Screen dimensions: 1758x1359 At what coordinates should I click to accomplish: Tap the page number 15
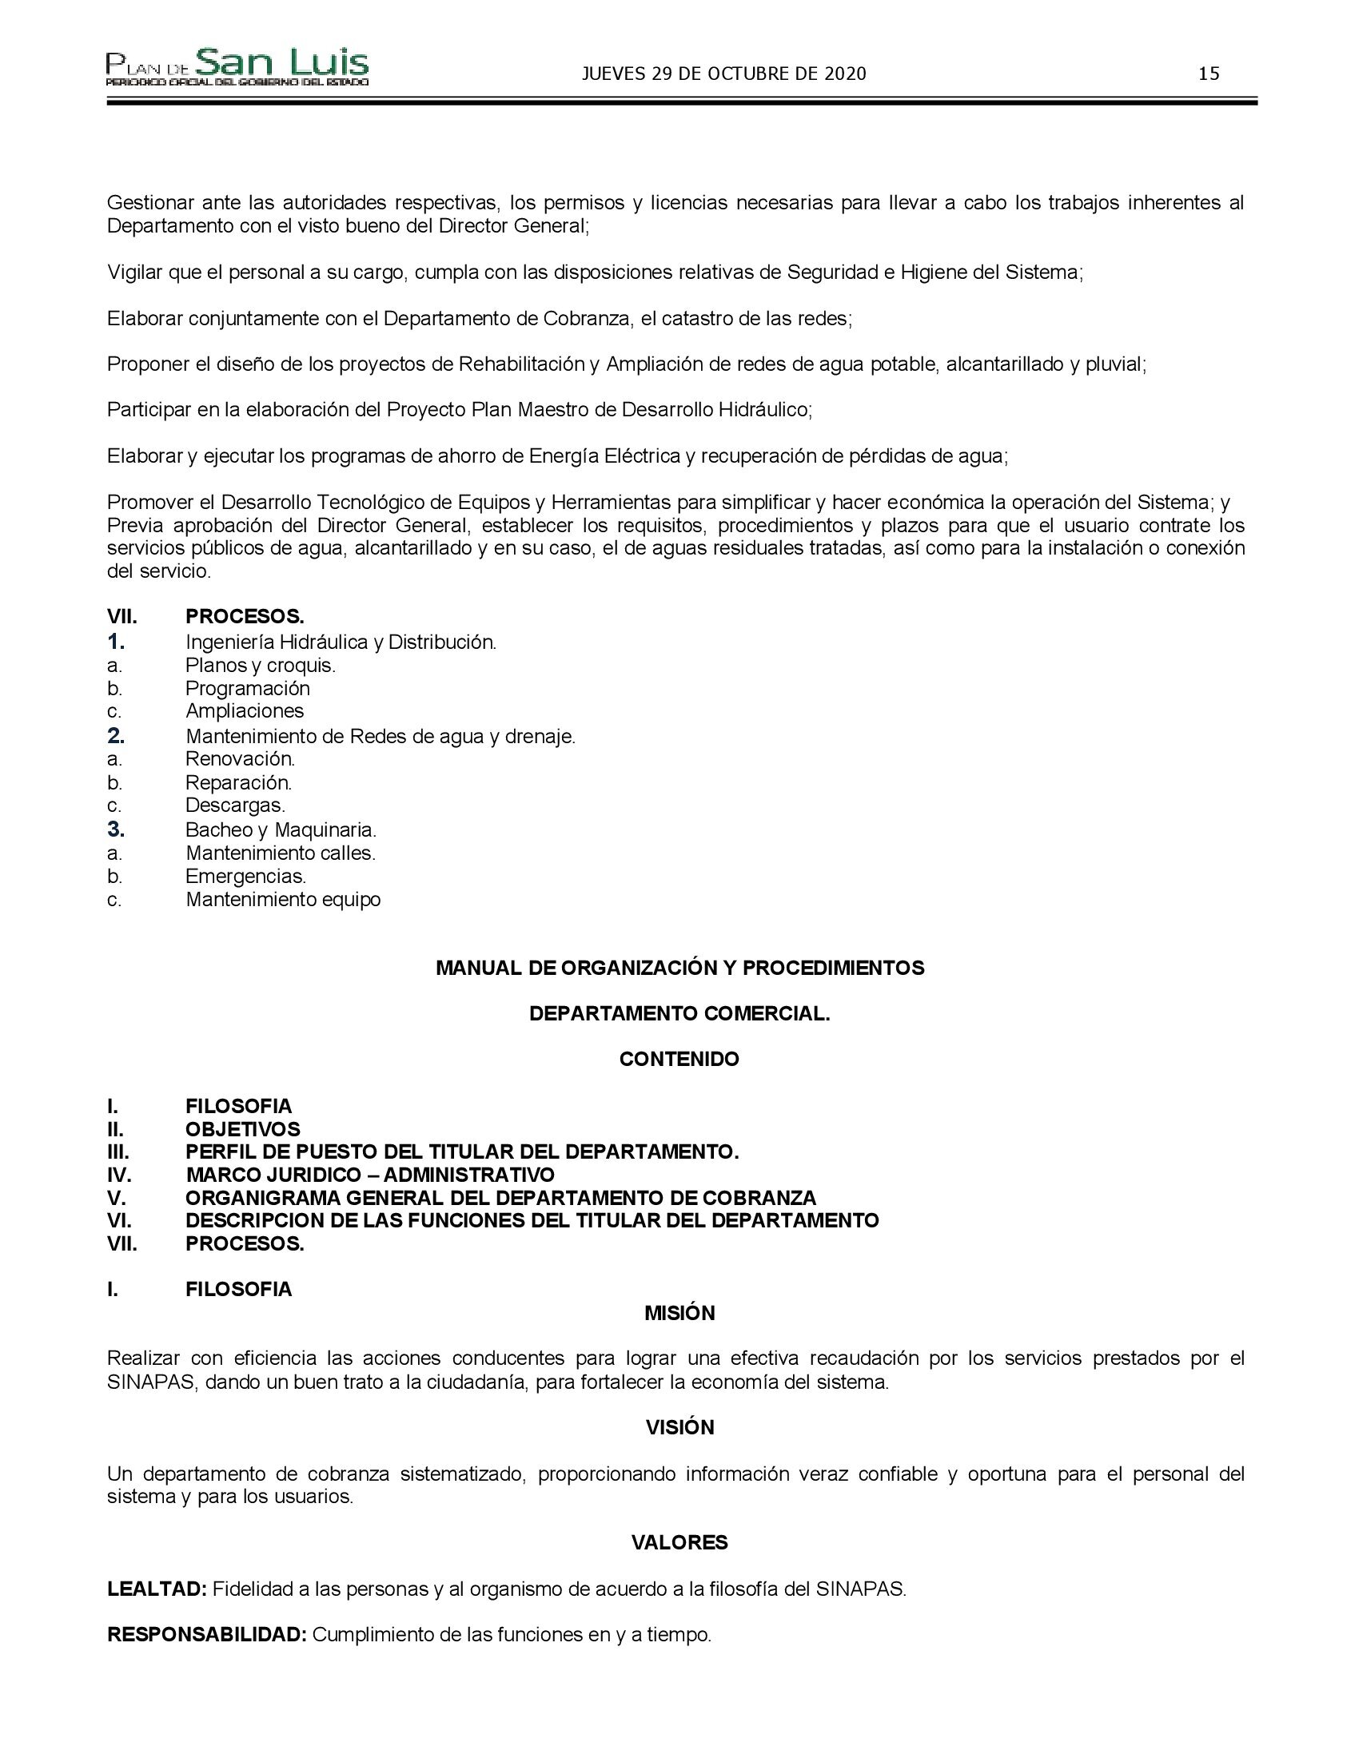coord(1209,74)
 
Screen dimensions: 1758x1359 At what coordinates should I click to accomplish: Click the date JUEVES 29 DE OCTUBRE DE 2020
coord(723,74)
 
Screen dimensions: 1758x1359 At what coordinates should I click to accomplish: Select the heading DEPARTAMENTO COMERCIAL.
coord(679,1013)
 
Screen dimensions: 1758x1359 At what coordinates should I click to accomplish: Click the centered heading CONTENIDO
coord(679,1060)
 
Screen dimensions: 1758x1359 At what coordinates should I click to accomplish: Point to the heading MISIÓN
coord(679,1313)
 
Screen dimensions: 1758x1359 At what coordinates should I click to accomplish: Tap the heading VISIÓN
coord(679,1427)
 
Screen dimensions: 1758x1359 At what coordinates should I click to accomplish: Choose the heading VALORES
coord(679,1542)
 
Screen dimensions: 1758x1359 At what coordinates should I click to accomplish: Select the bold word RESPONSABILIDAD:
coord(207,1635)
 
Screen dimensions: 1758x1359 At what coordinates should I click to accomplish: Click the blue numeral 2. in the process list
coord(116,736)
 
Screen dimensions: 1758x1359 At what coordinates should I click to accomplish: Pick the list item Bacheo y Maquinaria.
coord(281,829)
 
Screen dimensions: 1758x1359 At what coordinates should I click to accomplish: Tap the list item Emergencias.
coord(245,876)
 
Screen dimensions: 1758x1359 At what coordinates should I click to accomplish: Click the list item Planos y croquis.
coord(260,666)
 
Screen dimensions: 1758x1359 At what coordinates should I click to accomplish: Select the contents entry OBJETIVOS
coord(242,1129)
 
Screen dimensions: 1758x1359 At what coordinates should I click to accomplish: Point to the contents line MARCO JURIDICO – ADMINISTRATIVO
coord(369,1175)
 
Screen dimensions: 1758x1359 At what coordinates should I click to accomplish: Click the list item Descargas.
coord(235,805)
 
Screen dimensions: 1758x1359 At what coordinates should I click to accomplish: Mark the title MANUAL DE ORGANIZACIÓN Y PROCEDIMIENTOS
coord(679,968)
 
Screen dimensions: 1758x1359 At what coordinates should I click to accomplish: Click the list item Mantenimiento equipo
coord(282,899)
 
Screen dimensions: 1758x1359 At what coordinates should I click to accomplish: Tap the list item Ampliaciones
coord(245,710)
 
